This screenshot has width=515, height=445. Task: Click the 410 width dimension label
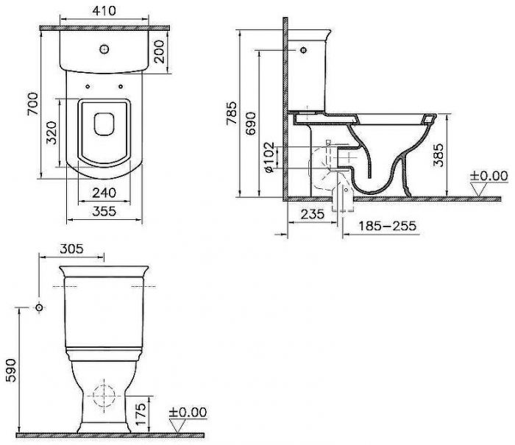pos(104,11)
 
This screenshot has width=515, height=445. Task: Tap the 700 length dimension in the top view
pos(33,104)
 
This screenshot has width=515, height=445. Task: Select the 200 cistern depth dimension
pos(159,51)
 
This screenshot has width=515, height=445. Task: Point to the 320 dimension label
pos(51,133)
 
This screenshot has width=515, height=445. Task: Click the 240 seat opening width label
pos(104,193)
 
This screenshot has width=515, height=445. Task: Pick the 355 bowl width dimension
pos(104,211)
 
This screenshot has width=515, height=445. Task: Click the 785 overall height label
pos(231,113)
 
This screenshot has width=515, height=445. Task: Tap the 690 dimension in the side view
pos(251,124)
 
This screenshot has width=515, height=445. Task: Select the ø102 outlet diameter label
pos(269,157)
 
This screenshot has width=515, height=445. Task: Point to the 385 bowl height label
pos(438,155)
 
